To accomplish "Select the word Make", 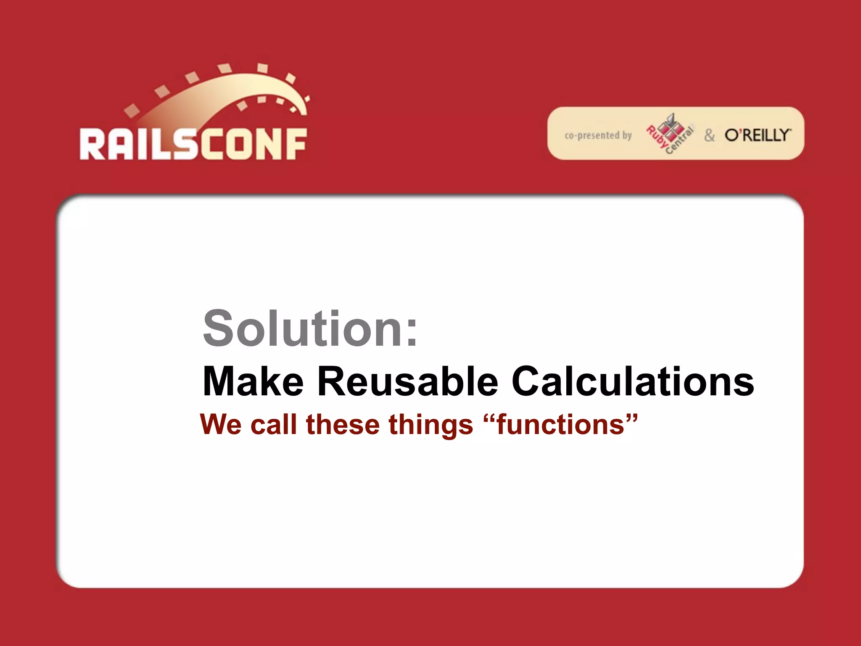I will pyautogui.click(x=253, y=381).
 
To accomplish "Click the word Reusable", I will pyautogui.click(x=407, y=381).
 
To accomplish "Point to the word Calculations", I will pyautogui.click(x=633, y=381).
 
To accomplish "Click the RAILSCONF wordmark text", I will pyautogui.click(x=193, y=144).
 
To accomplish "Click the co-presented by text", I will pyautogui.click(x=598, y=135).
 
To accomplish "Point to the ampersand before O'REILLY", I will pyautogui.click(x=709, y=135).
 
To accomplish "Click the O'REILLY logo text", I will pyautogui.click(x=757, y=135).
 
